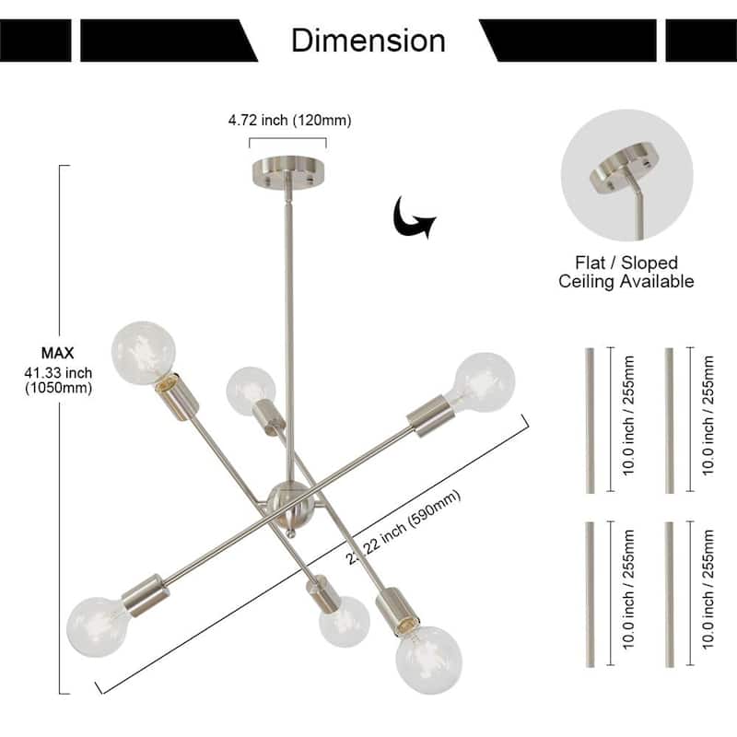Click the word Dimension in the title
[368, 41]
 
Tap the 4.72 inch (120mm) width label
[289, 120]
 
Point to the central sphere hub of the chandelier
[287, 501]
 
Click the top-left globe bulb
[144, 353]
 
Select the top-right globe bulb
[484, 382]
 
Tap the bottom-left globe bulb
[100, 626]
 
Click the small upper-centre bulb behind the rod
[250, 390]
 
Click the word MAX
[57, 353]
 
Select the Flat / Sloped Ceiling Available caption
[626, 273]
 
